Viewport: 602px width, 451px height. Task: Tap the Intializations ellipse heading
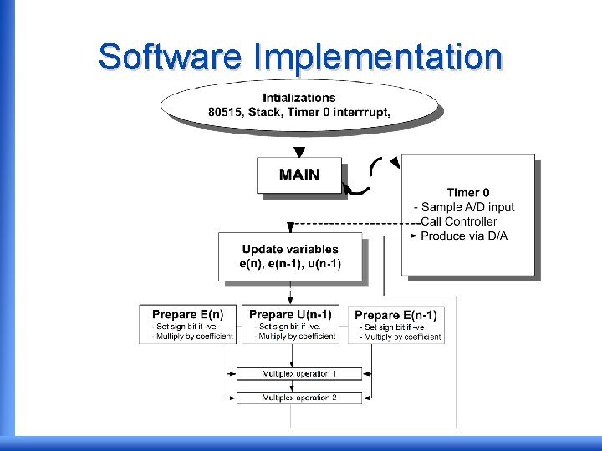coord(299,98)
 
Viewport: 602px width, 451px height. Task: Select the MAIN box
coord(299,175)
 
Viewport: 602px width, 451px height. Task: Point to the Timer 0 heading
coord(468,192)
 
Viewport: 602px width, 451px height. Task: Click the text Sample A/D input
coord(468,207)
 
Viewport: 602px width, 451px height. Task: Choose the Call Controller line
coord(458,221)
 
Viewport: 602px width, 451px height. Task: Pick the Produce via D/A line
coord(464,236)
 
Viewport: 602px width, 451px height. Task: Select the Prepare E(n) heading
coord(187,314)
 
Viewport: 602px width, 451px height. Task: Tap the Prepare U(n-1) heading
coord(290,314)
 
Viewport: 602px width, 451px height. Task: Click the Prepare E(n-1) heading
coord(395,315)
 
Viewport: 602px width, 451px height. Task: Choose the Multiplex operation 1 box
coord(299,373)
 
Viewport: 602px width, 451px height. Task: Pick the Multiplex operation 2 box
coord(299,398)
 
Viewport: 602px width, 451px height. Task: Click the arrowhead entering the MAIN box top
coord(299,152)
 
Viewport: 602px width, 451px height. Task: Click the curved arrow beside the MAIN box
coord(359,189)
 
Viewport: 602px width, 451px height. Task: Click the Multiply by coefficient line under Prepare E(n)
coord(191,337)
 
